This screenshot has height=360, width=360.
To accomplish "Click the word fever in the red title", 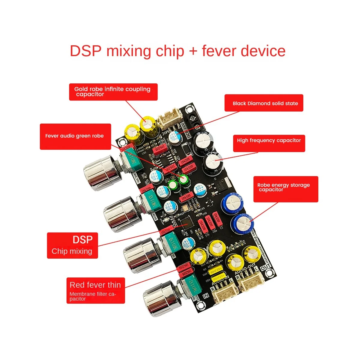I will coord(219,51).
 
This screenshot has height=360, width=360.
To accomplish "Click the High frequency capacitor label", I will coord(269,140).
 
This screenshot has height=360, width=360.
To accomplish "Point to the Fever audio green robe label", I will coord(75,136).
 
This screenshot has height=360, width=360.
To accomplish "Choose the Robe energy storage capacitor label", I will coord(283,187).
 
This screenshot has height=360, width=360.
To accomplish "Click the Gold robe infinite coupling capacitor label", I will coord(113,91).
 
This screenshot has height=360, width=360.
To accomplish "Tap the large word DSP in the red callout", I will coord(82,240).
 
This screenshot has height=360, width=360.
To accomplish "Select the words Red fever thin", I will coord(95,285).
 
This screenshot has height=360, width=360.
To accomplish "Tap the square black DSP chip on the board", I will coord(186,222).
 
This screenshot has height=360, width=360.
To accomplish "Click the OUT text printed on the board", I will coord(265,267).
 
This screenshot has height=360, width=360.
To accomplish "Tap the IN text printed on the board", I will coord(206,295).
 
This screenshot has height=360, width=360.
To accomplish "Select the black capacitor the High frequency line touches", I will coord(213,162).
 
